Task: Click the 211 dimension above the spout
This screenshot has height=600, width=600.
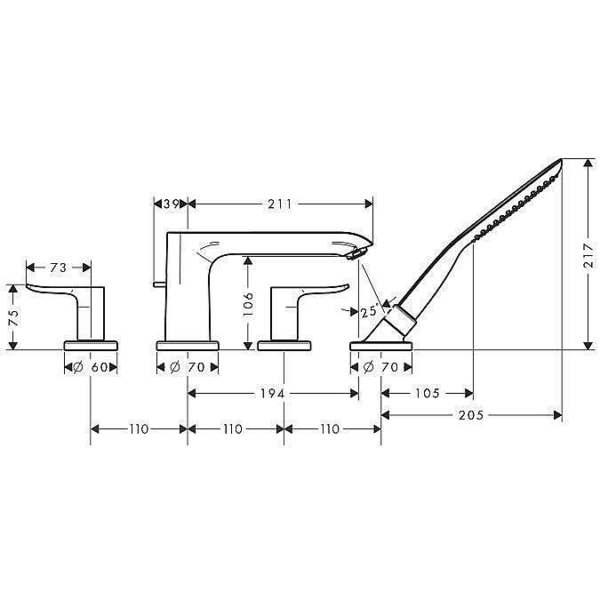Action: click(279, 204)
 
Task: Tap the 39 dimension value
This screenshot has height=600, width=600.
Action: click(172, 204)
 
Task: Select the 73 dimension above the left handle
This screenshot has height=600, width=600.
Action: click(59, 267)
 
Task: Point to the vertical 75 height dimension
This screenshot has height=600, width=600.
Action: click(12, 317)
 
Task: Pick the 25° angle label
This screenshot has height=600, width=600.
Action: click(369, 311)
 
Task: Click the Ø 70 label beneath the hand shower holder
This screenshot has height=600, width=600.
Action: click(382, 366)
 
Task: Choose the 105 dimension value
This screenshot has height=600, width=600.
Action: click(428, 392)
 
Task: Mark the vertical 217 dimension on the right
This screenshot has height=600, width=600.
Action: click(589, 257)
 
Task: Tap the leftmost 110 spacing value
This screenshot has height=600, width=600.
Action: click(139, 428)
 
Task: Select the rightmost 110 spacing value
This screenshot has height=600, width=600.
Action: click(330, 428)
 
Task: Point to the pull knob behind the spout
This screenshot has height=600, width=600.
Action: click(157, 284)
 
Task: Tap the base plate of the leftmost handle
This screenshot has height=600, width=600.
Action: click(91, 344)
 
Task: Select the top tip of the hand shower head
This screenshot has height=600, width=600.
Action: click(558, 162)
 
